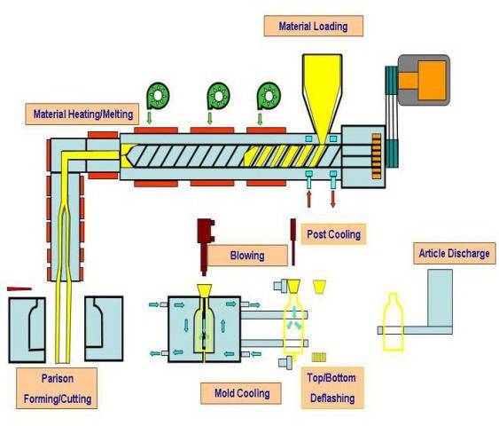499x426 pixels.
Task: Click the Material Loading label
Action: tap(314, 26)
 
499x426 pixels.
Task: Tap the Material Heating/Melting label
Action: tap(84, 114)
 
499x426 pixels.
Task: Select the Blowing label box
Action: tap(247, 256)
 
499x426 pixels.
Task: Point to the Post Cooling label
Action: tap(332, 234)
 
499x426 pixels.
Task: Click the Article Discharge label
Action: tap(453, 254)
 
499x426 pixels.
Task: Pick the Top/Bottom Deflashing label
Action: tap(333, 390)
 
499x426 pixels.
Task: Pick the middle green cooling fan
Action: tap(219, 94)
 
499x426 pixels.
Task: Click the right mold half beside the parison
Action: tap(102, 328)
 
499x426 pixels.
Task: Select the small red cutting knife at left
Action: tap(19, 288)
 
